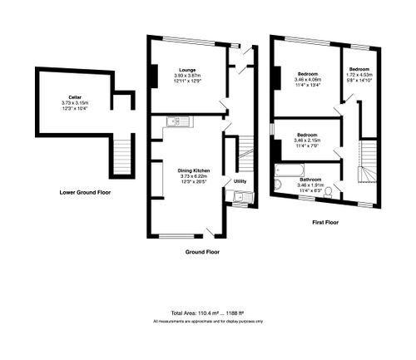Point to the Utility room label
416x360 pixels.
point(240,180)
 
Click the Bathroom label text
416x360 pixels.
point(311,180)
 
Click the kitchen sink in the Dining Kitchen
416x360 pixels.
point(177,121)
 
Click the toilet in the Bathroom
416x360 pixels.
point(329,191)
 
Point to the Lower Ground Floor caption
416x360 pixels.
point(85,192)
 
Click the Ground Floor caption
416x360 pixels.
point(201,250)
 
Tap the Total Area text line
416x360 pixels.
point(207,310)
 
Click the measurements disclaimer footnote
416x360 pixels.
point(207,320)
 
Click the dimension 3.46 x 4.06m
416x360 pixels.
point(308,79)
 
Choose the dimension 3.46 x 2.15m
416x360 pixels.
point(306,140)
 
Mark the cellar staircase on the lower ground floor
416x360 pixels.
point(121,155)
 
